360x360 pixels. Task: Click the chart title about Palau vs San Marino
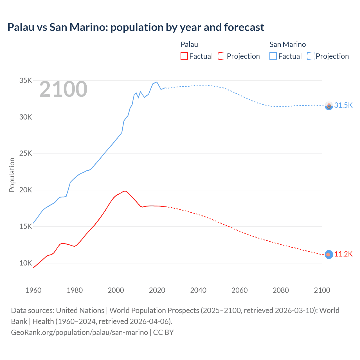click(136, 27)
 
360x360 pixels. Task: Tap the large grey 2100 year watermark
click(63, 89)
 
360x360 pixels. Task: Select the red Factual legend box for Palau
click(184, 56)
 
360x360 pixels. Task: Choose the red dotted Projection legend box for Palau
click(222, 56)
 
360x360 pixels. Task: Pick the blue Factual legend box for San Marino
click(273, 56)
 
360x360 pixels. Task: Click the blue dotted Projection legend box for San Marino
click(310, 56)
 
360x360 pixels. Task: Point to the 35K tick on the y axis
click(26, 81)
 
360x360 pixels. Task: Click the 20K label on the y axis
click(26, 190)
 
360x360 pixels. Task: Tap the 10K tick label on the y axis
click(26, 263)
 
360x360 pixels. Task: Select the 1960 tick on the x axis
click(33, 290)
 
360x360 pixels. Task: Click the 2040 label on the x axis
click(198, 290)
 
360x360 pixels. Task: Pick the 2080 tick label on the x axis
click(281, 290)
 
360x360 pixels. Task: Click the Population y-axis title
click(12, 175)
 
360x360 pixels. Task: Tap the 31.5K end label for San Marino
click(343, 105)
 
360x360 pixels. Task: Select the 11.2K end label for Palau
click(343, 254)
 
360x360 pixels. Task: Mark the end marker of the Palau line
click(329, 255)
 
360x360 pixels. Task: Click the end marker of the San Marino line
click(329, 106)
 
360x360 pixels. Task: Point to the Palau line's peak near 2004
click(125, 191)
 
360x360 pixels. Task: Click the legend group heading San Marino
click(287, 44)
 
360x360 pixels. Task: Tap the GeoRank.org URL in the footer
click(79, 332)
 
